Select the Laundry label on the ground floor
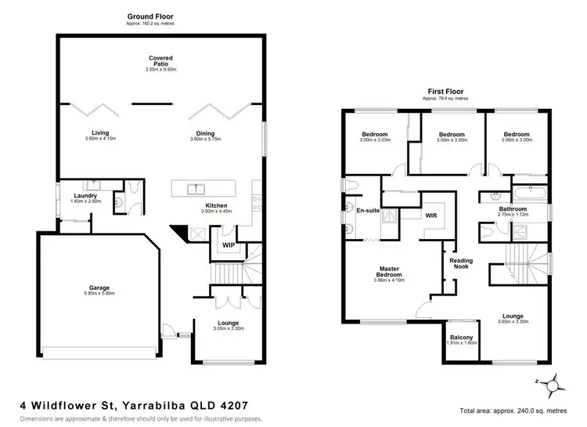coord(85,196)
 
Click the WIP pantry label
coord(229,245)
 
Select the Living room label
coord(99,132)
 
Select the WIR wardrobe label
coord(430,214)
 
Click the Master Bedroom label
coord(388,271)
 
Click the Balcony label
coord(461,336)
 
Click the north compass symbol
coord(553,385)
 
